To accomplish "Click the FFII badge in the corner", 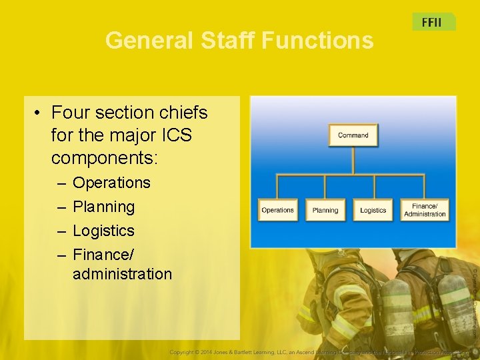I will point(432,22).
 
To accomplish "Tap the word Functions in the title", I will point(317,41).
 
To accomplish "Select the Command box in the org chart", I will point(353,135).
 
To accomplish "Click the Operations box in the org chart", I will point(277,210).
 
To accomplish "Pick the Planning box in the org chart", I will point(325,210).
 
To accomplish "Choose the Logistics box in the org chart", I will point(373,210).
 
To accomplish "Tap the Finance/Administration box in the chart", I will point(425,210).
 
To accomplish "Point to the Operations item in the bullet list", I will point(111,183).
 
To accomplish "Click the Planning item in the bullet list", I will point(103,207).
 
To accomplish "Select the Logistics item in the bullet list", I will point(103,231).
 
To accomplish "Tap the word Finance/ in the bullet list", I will point(103,255).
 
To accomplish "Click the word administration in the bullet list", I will point(122,273).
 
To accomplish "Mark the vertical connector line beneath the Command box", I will point(353,161).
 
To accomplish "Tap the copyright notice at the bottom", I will point(320,351).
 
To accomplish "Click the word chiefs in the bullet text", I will point(183,113).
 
